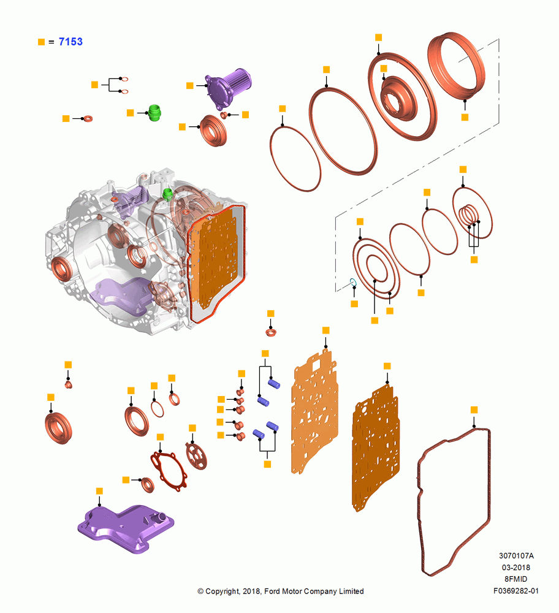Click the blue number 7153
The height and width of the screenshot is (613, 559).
[x=70, y=42]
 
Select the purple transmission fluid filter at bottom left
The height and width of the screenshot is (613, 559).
[x=126, y=528]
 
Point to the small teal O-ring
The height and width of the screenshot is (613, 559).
[x=353, y=282]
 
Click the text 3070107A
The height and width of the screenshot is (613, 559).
[x=516, y=555]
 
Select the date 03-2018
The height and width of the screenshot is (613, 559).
[x=516, y=567]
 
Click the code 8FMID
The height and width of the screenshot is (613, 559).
[x=516, y=579]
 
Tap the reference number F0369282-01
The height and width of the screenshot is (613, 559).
[x=516, y=591]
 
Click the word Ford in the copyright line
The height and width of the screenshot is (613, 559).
[x=273, y=591]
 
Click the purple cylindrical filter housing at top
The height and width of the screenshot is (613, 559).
[x=228, y=88]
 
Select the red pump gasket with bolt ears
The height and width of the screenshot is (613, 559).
[x=169, y=472]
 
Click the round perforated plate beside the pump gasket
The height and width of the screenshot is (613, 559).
[x=196, y=455]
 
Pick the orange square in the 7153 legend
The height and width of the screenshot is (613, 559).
[x=42, y=42]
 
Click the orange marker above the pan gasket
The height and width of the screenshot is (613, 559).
[x=474, y=409]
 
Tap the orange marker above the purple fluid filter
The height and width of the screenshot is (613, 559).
[x=99, y=491]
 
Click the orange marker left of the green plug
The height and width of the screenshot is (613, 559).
[x=131, y=113]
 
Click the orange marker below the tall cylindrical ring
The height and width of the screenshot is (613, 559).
[x=465, y=117]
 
